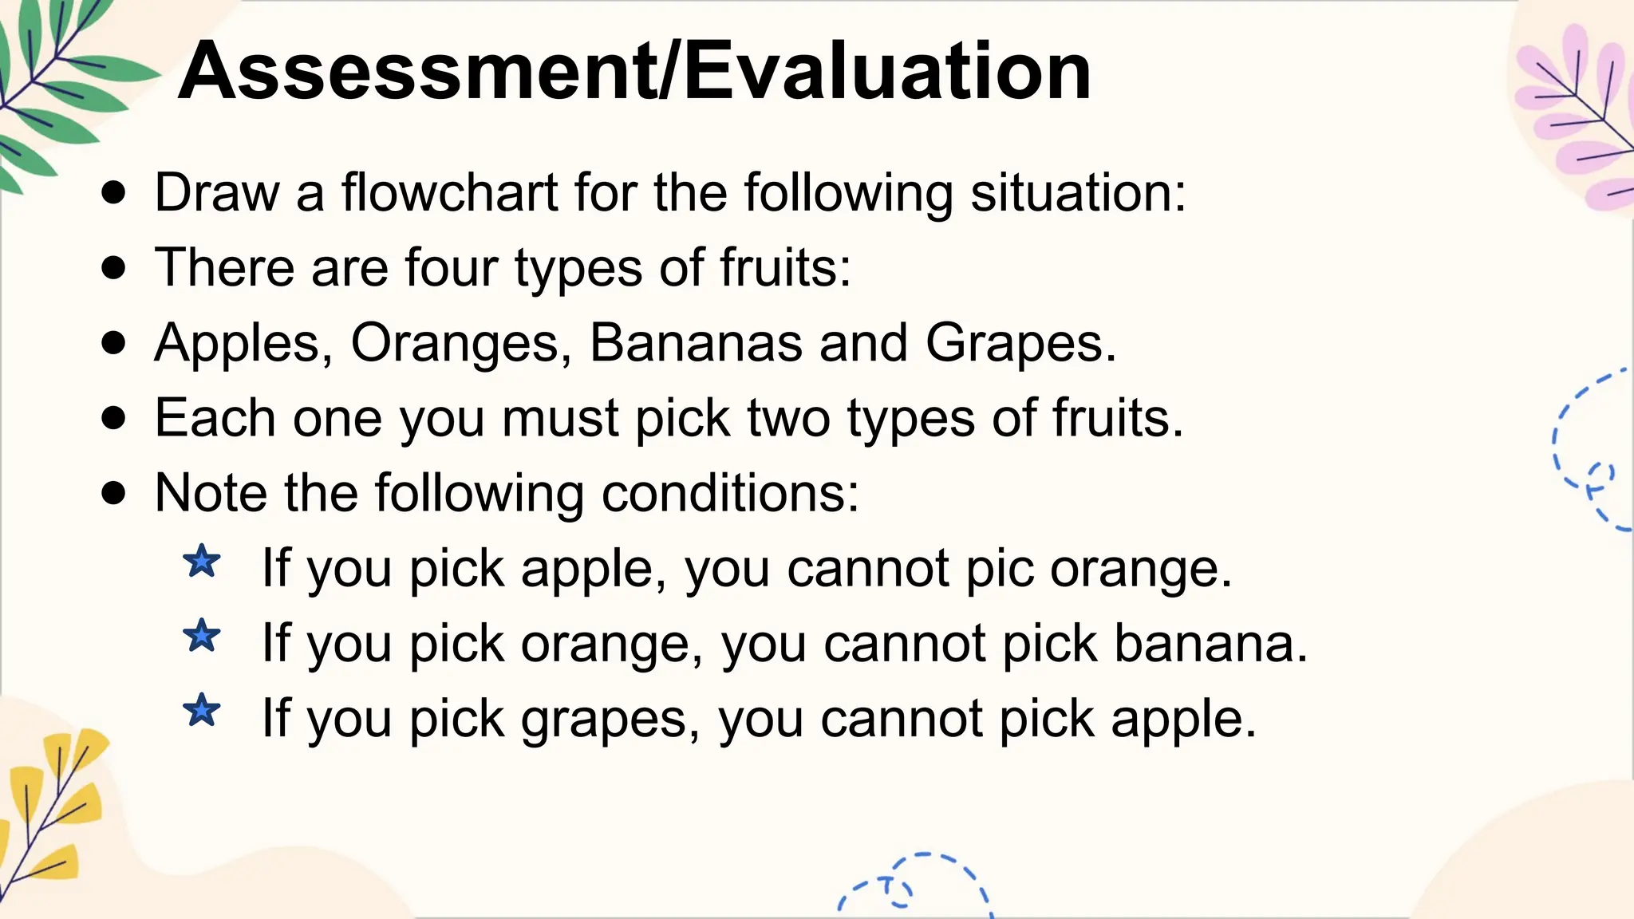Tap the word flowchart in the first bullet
coord(449,193)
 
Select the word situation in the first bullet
coord(1078,193)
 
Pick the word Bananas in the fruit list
coord(696,343)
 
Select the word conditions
coord(730,493)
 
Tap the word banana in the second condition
coord(1210,644)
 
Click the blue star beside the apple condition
coord(202,562)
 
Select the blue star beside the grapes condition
coord(202,710)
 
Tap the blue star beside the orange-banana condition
coord(202,636)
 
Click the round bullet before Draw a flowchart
coord(114,192)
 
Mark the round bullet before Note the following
coord(114,493)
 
